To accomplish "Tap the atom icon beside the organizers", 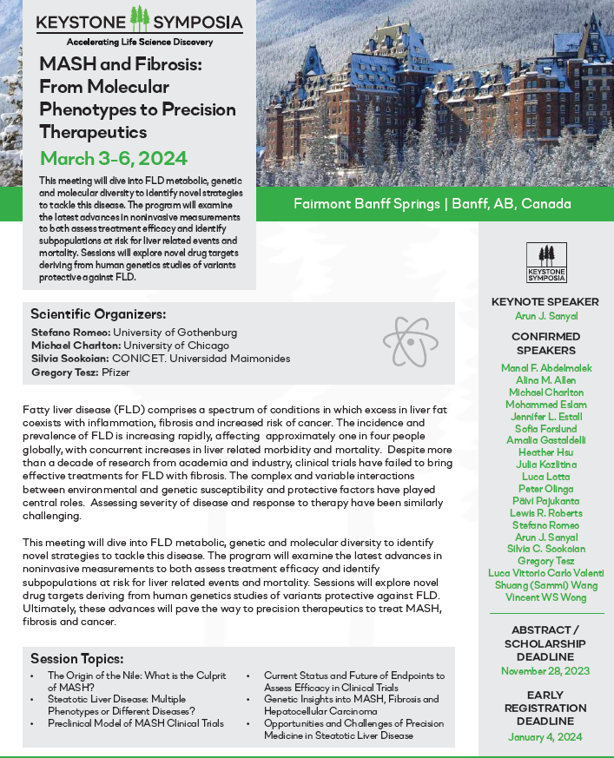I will click(409, 341).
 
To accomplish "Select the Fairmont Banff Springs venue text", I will click(432, 204).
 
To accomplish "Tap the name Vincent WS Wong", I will click(546, 598).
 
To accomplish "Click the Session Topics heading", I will click(76, 658).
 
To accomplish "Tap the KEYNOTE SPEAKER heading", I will click(546, 301).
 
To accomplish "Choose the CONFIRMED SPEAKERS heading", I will click(546, 343).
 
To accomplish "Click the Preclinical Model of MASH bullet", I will click(135, 723).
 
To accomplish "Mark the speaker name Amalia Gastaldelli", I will click(546, 441).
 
